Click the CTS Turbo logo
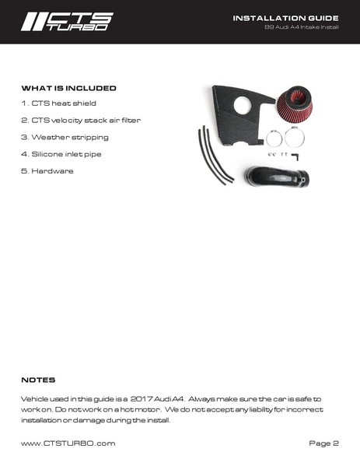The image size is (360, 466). coord(67,21)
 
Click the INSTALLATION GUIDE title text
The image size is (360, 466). coord(285,17)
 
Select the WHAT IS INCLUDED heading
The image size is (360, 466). coord(68,89)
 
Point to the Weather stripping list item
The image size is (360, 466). coord(65,138)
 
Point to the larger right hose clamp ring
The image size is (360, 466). coord(295,137)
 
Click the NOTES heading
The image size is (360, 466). coord(38,380)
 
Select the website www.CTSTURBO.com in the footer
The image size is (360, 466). coord(68,443)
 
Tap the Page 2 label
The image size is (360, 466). coord(324,443)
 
